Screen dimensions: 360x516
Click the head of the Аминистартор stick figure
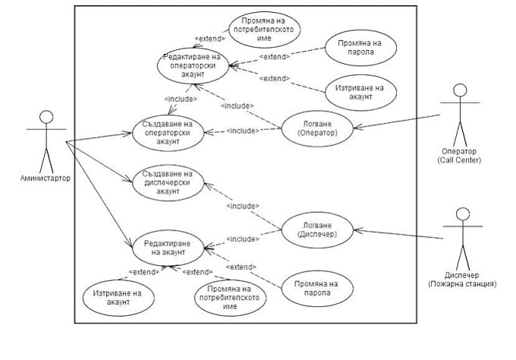coord(46,118)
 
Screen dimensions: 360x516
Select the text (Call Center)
coord(460,160)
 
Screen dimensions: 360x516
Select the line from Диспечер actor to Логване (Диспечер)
coord(402,233)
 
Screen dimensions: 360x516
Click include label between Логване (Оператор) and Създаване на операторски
coord(244,130)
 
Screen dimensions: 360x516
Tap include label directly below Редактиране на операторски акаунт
coord(181,98)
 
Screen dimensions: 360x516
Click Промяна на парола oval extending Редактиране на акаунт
coord(311,288)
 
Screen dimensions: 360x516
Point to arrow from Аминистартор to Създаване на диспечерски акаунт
coord(99,161)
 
